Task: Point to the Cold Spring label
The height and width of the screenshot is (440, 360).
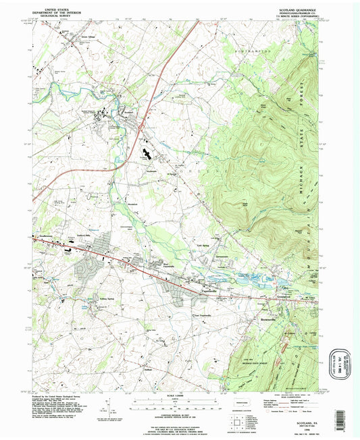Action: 203,246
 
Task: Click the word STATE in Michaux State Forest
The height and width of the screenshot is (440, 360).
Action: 306,108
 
